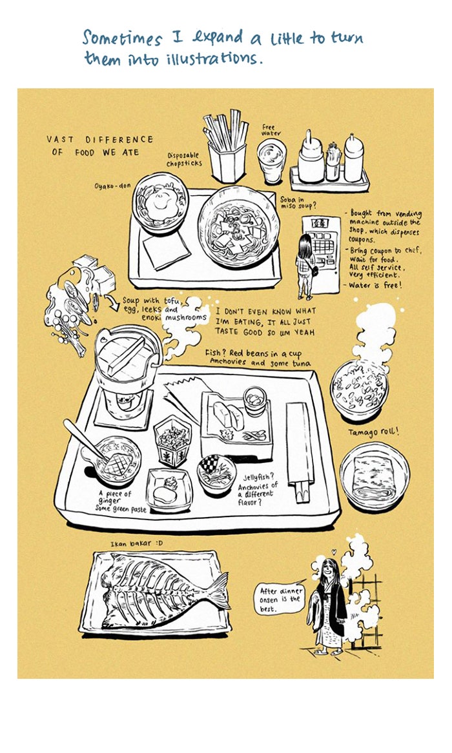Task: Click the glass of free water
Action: pyautogui.click(x=271, y=161)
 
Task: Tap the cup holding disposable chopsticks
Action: pyautogui.click(x=227, y=162)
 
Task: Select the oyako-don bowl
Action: pyautogui.click(x=161, y=202)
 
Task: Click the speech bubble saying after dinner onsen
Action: pyautogui.click(x=280, y=600)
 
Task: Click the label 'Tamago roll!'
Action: pyautogui.click(x=374, y=432)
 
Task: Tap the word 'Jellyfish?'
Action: pyautogui.click(x=259, y=477)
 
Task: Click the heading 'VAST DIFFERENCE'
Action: pyautogui.click(x=100, y=140)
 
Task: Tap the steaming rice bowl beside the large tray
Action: pyautogui.click(x=359, y=389)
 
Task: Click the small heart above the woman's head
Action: pyautogui.click(x=334, y=553)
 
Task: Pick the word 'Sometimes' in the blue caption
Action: pyautogui.click(x=122, y=37)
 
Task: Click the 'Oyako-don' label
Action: pyautogui.click(x=112, y=186)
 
